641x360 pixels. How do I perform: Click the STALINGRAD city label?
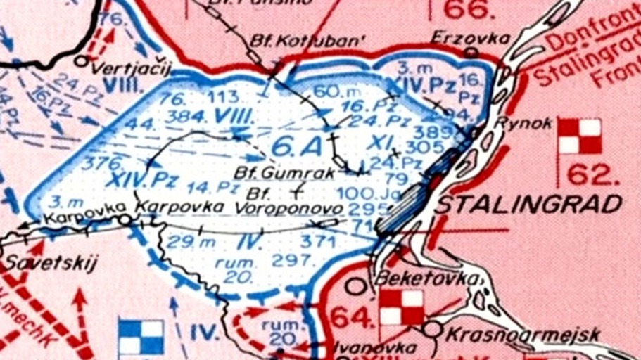(x=529, y=205)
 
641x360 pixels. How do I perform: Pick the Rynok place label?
(x=521, y=122)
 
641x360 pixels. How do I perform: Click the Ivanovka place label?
(x=366, y=347)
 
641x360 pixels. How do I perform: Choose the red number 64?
(x=350, y=319)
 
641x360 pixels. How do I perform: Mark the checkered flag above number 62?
(x=580, y=136)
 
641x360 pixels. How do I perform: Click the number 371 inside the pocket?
(x=317, y=241)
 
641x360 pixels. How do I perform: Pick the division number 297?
(x=292, y=260)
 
